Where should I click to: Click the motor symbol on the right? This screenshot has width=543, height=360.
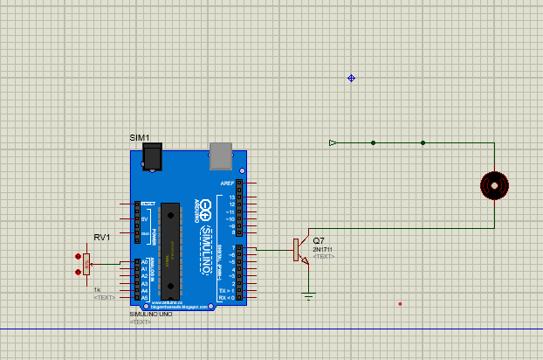click(494, 186)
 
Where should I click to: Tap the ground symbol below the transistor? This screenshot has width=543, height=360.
click(308, 296)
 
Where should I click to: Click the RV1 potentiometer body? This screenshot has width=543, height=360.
click(86, 264)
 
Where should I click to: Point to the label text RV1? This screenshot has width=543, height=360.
click(101, 238)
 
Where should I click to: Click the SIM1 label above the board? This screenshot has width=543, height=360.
click(140, 138)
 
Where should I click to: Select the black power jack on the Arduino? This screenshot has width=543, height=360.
click(154, 157)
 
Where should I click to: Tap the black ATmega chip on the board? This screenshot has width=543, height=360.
click(170, 249)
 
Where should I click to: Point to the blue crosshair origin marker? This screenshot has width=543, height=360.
click(352, 78)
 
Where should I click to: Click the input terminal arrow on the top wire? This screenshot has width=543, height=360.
click(333, 142)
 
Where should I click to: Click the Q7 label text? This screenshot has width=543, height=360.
click(319, 240)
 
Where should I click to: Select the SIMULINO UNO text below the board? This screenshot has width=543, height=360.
click(149, 314)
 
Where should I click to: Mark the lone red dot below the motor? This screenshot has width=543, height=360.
click(400, 304)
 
